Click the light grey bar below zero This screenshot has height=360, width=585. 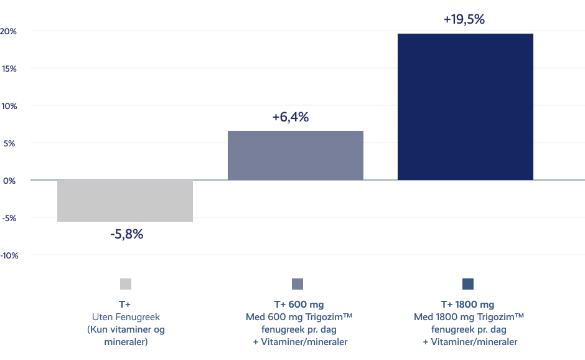[x=125, y=201]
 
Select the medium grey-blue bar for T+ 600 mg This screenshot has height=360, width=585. [x=296, y=155]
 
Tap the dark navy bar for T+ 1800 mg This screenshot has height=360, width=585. [x=466, y=107]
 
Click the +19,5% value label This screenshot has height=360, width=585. [x=464, y=19]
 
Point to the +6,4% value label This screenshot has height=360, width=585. [x=290, y=117]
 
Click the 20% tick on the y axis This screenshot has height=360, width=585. [x=9, y=31]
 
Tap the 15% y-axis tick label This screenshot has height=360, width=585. [x=9, y=68]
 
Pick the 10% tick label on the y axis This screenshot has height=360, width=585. [x=9, y=105]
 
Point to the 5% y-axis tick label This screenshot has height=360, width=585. [x=10, y=143]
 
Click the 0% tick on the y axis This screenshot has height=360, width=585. [x=10, y=180]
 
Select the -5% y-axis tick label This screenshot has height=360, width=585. [x=9, y=217]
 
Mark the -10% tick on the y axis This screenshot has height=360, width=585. [x=9, y=255]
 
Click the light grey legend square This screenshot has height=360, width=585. [x=126, y=284]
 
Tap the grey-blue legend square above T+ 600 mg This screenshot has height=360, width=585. [x=297, y=284]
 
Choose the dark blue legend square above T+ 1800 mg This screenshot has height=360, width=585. [x=469, y=284]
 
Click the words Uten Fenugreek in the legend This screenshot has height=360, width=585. [x=126, y=317]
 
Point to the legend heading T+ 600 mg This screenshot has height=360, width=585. [x=299, y=305]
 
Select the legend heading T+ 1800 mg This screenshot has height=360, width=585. [x=467, y=305]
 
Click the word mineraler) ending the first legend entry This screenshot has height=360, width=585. [x=126, y=341]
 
